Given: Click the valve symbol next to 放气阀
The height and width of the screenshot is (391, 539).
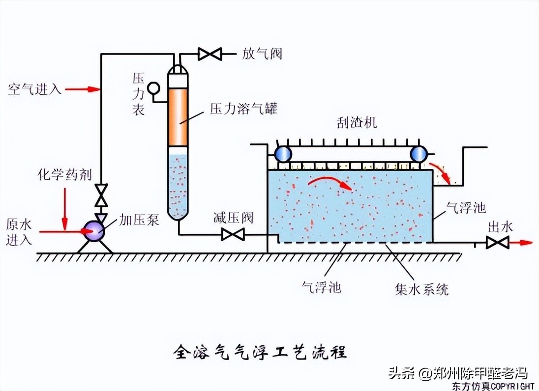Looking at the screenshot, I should pyautogui.click(x=210, y=53).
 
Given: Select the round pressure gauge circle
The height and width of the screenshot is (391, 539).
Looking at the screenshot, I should pyautogui.click(x=154, y=87).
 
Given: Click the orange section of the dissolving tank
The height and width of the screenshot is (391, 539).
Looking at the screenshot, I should pyautogui.click(x=178, y=117).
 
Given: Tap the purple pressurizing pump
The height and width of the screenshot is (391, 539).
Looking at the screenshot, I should pyautogui.click(x=93, y=230).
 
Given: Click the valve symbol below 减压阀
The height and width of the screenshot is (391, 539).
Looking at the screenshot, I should pyautogui.click(x=233, y=234).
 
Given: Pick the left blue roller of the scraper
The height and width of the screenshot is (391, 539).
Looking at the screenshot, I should pyautogui.click(x=283, y=154).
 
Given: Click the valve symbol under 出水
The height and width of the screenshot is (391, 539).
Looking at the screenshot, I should pyautogui.click(x=497, y=242).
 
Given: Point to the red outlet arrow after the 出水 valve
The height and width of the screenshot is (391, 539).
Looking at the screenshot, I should pyautogui.click(x=521, y=242).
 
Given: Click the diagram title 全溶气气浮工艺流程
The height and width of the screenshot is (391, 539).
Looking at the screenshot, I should pyautogui.click(x=260, y=352).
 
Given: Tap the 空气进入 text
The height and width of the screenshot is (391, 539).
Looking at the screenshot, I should pyautogui.click(x=34, y=89).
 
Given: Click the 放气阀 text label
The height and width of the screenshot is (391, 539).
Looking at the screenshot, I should pyautogui.click(x=262, y=53).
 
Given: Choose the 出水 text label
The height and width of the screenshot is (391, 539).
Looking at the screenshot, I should pyautogui.click(x=500, y=226).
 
